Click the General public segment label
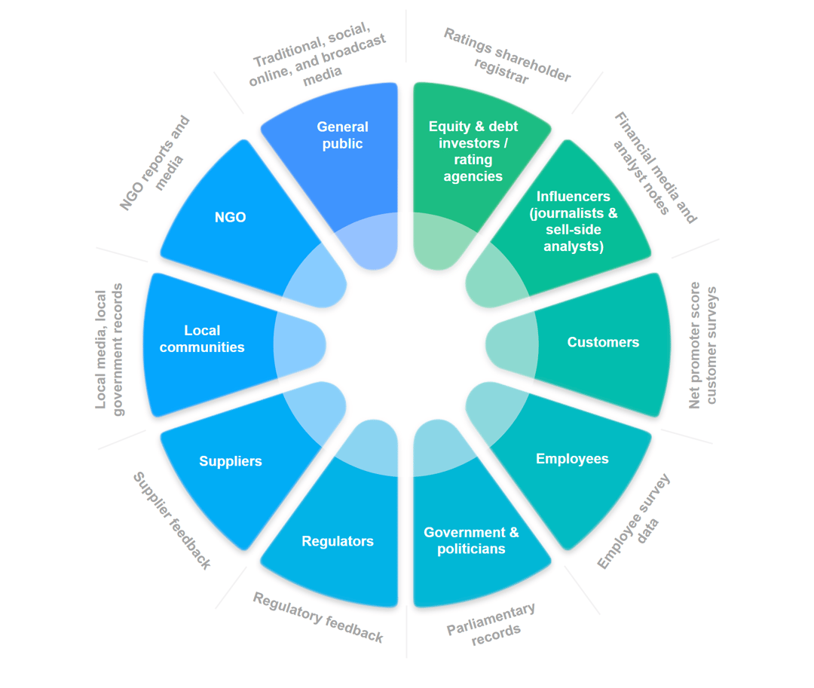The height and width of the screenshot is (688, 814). tap(342, 136)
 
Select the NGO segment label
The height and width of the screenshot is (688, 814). tap(230, 217)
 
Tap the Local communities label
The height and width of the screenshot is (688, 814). tap(202, 339)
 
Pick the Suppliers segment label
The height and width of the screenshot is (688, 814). tap(231, 461)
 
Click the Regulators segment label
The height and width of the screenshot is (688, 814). tap(338, 541)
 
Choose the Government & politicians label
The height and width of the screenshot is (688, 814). tap(471, 541)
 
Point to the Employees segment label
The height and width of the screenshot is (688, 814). tap(572, 459)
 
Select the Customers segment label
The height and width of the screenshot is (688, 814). tap(603, 342)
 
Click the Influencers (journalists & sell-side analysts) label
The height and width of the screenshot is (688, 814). tap(574, 222)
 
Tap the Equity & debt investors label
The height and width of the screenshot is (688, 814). tap(473, 151)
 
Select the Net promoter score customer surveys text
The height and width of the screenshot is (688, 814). tap(703, 345)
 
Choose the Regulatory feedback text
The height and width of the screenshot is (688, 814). tap(317, 618)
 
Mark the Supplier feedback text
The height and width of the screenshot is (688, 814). tap(172, 521)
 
